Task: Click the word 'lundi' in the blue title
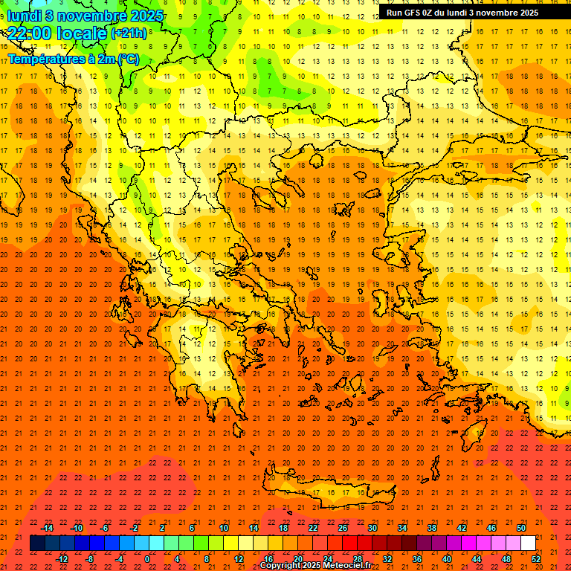coord(24,16)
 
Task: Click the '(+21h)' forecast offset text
coord(129,33)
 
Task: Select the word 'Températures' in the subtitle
coord(40,59)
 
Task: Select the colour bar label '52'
coord(537,559)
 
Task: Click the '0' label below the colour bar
coord(146,559)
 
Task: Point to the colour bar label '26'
coord(343,528)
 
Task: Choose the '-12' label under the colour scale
coord(62,559)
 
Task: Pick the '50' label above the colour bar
coord(521,528)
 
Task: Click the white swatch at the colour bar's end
coord(529,543)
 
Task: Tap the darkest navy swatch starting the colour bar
coord(37,543)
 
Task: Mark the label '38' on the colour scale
coord(432,528)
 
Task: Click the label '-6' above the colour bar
coord(105,528)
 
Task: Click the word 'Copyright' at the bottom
coord(280,566)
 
